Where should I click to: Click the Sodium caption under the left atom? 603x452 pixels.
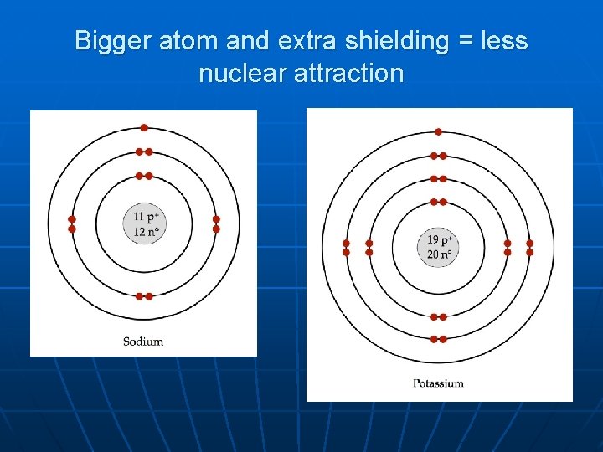tap(143, 341)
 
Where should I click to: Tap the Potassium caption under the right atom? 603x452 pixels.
tap(438, 383)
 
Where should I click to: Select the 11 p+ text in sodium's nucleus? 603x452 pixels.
tap(145, 217)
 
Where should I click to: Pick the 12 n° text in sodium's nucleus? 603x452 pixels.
tap(145, 232)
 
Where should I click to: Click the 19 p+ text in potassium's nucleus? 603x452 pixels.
tap(440, 240)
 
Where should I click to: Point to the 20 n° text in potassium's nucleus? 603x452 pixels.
tap(440, 255)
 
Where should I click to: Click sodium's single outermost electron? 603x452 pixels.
tap(144, 128)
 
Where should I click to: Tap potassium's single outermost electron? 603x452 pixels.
tap(439, 131)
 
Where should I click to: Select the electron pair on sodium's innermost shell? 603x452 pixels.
tap(144, 176)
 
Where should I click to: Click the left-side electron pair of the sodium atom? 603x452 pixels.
tap(72, 223)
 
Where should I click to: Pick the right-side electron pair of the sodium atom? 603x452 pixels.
tap(216, 223)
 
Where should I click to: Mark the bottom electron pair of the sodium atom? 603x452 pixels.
tap(144, 296)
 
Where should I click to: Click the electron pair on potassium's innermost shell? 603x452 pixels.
tap(439, 202)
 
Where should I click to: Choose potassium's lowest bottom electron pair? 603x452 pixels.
tap(439, 339)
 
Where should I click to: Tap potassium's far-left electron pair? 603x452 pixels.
tap(346, 248)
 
